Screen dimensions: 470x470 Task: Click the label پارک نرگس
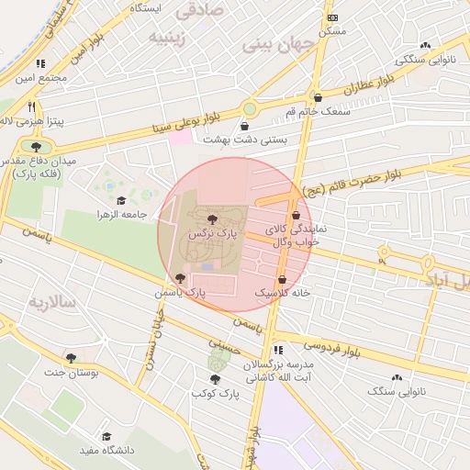coord(212,235)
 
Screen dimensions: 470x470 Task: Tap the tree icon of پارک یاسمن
coord(178,277)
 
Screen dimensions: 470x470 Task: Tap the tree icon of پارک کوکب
coord(215,379)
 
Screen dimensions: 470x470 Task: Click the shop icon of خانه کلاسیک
coord(282,278)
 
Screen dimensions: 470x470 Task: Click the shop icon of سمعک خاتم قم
coord(318,97)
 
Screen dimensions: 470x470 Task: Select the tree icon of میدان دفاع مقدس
coord(36,146)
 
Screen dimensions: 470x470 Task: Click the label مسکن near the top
coord(331,31)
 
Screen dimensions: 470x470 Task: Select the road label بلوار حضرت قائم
coord(342,182)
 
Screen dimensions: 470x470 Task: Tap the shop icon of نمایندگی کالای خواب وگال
coord(296,216)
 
